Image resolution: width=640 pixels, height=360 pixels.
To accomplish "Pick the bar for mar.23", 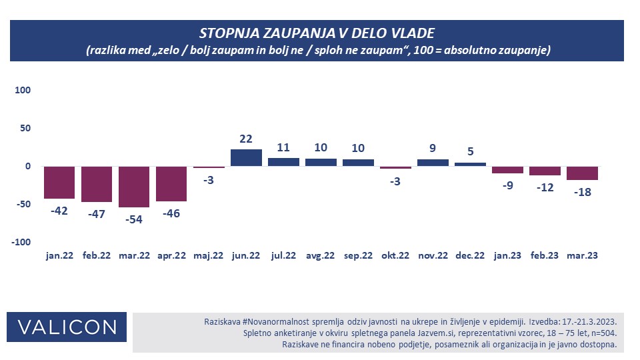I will [x=582, y=173].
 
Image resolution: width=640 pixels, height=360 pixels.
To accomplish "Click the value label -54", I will [x=134, y=218].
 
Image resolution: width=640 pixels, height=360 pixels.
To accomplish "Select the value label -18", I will [x=582, y=192].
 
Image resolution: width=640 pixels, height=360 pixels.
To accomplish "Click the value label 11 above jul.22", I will [x=283, y=148].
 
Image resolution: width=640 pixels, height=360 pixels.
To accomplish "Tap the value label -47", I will [x=97, y=213].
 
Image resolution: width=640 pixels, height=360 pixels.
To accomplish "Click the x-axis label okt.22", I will [x=395, y=255].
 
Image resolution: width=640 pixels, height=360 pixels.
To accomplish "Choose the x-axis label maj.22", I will [x=209, y=255].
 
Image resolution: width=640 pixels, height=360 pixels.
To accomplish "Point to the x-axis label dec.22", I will [x=470, y=255].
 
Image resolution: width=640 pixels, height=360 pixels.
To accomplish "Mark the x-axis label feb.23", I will [x=545, y=255].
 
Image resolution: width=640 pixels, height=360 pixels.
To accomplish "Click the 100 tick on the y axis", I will [x=22, y=90].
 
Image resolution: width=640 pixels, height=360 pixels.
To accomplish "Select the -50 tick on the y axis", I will [x=22, y=204].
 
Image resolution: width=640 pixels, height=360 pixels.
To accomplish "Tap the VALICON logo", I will [x=67, y=327].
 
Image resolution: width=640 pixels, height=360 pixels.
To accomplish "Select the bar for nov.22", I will [x=433, y=162].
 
